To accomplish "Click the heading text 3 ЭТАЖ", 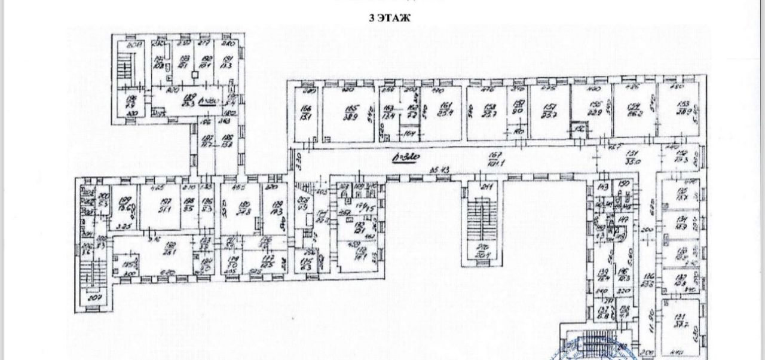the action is pyautogui.click(x=390, y=17).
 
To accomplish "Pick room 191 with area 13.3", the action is pyautogui.click(x=227, y=62).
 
